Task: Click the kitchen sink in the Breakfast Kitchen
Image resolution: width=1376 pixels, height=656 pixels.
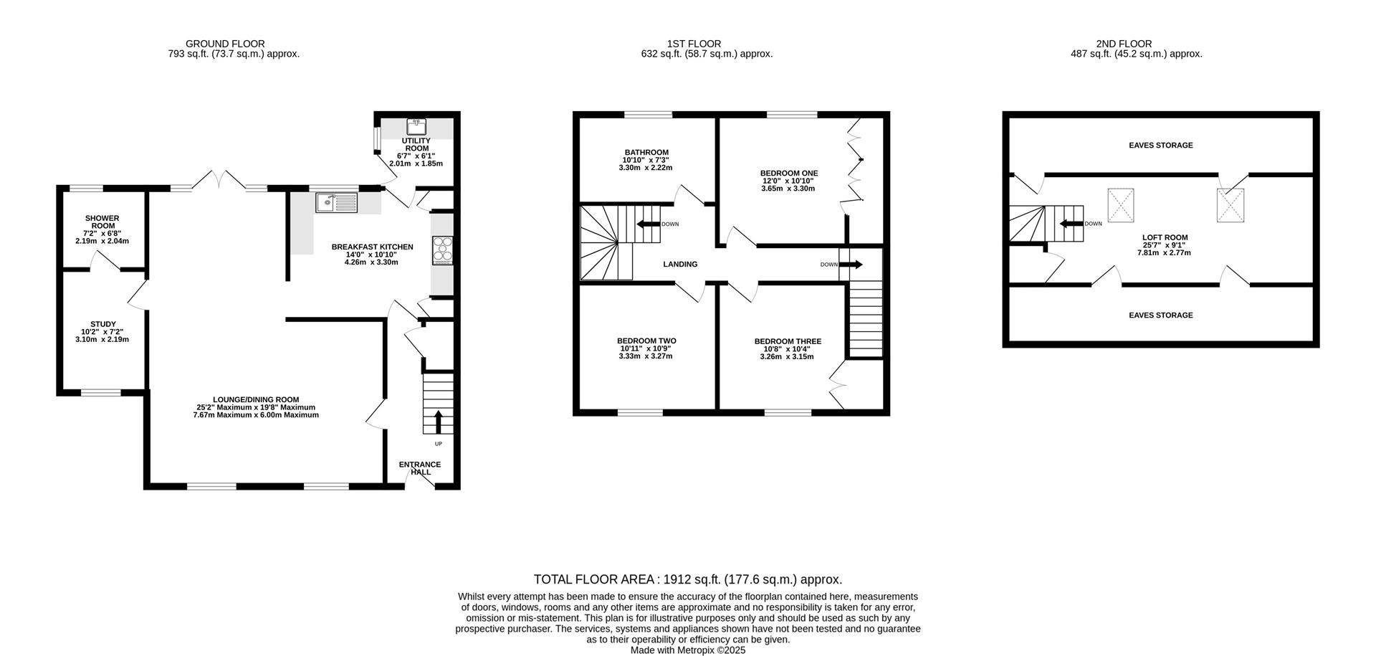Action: [337, 203]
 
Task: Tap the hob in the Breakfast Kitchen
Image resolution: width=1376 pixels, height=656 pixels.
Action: [443, 250]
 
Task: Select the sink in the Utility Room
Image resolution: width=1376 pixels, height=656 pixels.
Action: [416, 127]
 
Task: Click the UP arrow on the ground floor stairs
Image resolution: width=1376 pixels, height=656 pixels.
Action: [439, 422]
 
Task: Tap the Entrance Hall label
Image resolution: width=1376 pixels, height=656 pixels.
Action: [420, 468]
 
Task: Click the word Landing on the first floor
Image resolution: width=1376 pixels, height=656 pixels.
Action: [680, 264]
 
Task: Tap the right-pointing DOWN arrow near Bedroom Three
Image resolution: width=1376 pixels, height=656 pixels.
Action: [851, 265]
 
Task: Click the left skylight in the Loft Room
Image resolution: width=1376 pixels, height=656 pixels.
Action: [1121, 205]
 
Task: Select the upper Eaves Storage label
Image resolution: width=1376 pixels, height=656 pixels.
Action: [1161, 146]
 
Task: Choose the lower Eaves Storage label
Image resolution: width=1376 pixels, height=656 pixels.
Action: [1161, 315]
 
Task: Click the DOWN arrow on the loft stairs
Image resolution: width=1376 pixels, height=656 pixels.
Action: [1071, 224]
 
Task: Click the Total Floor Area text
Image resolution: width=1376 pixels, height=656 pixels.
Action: [688, 579]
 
